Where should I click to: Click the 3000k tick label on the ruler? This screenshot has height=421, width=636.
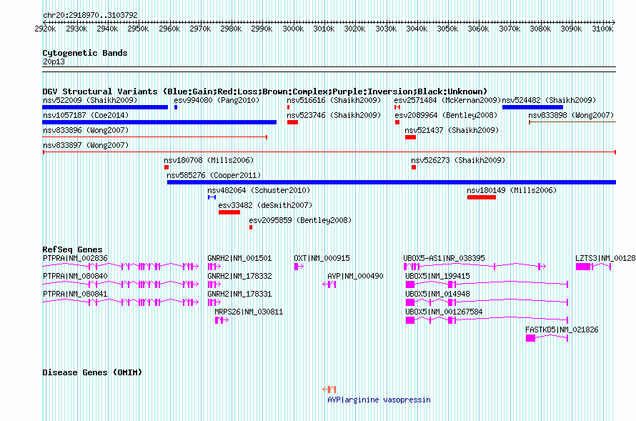pos(293,29)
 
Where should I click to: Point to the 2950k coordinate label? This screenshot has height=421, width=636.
pos(138,29)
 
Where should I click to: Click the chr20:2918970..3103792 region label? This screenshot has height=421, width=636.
pos(91,16)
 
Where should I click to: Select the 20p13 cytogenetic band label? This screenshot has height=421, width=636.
pos(54,61)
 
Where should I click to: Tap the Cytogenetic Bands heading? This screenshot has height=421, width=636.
pos(85,53)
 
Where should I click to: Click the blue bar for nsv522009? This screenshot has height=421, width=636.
pos(105,107)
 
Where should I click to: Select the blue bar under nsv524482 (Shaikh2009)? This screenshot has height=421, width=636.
pos(532,107)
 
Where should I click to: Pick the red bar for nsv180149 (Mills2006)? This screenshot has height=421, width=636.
pos(482,197)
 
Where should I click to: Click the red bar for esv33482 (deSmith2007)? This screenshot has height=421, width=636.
pos(229,212)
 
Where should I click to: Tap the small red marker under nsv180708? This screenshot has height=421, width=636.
pos(167,167)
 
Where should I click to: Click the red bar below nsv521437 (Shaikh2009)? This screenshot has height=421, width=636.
pos(410,137)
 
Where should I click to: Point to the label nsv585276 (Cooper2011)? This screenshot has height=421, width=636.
pos(214,175)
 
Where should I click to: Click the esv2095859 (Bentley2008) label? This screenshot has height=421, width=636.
pos(300,220)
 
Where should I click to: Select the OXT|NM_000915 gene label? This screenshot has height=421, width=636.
pos(322,258)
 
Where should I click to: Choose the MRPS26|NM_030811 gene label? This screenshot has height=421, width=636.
pos(249,312)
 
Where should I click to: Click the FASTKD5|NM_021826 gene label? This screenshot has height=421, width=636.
pos(562,330)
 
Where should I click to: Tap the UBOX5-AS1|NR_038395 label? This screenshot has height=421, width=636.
pos(444,258)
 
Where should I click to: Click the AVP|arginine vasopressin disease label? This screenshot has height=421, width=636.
pos(379,400)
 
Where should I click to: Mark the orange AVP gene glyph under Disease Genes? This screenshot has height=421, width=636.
pos(329,390)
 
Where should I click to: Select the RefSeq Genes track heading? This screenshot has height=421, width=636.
pos(72,249)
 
